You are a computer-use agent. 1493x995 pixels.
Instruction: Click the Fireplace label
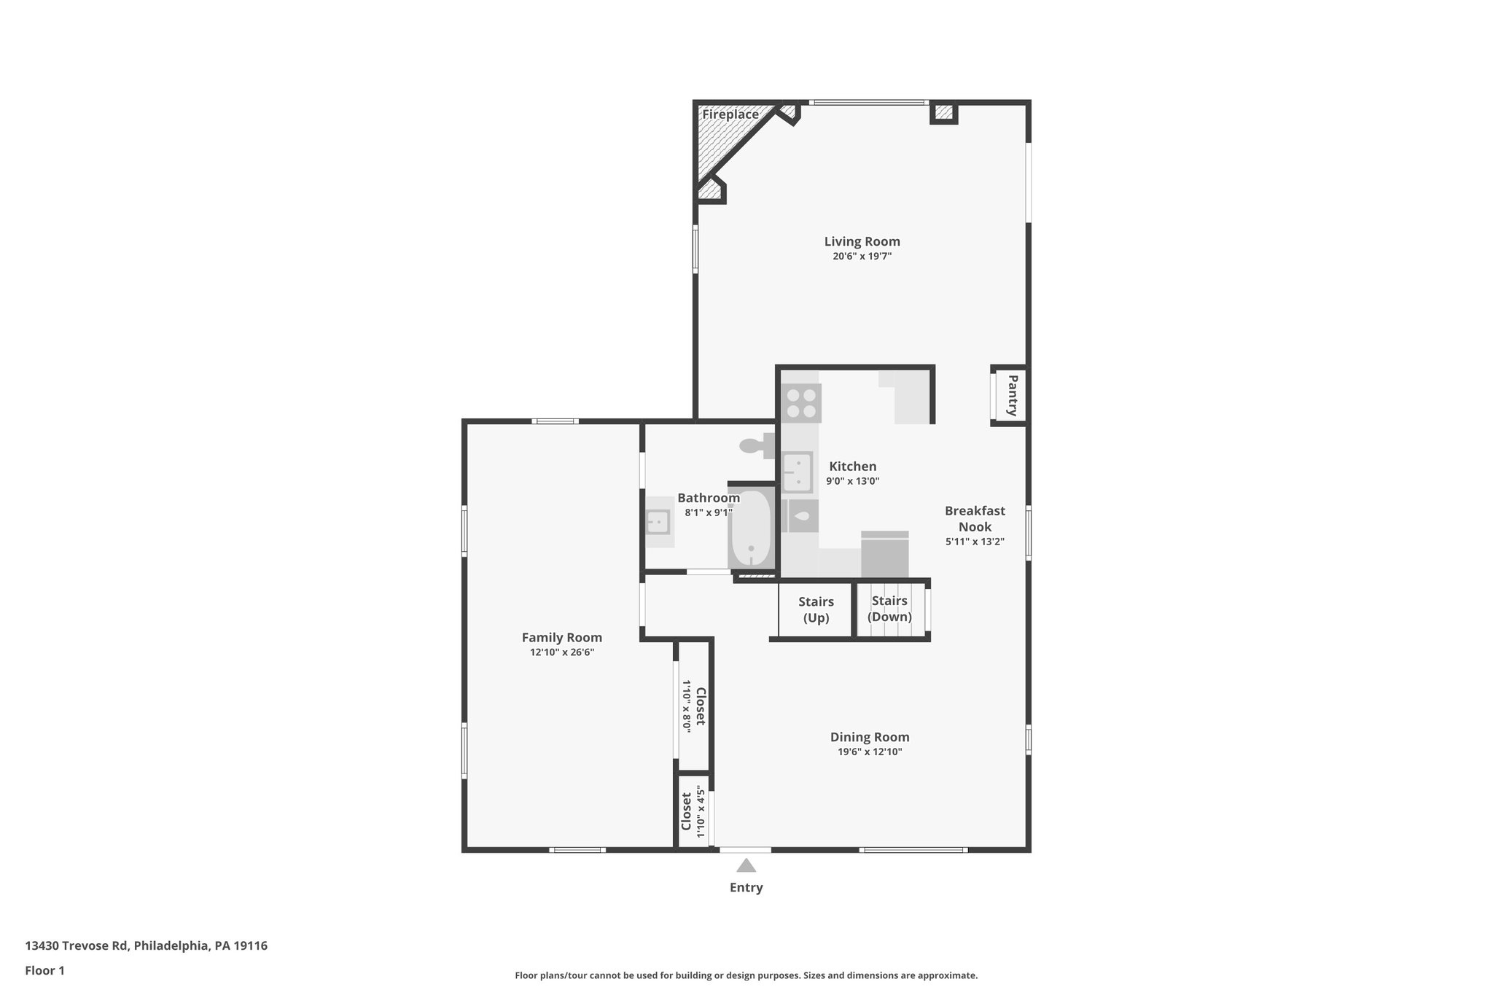click(730, 114)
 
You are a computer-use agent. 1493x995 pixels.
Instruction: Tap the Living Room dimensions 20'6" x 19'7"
click(862, 257)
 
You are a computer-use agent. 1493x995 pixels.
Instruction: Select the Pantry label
click(1012, 396)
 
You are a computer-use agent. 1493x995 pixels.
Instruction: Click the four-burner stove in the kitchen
click(801, 403)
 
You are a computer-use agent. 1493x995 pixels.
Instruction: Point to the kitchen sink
click(798, 472)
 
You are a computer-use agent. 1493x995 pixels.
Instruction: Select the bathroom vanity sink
click(658, 522)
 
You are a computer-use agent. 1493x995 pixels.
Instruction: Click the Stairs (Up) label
click(816, 610)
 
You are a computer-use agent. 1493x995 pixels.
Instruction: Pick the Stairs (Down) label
click(889, 609)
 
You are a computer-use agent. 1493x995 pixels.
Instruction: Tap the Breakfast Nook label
click(975, 519)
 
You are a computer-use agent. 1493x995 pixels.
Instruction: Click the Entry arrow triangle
click(746, 865)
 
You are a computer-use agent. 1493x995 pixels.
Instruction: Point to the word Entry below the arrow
click(746, 888)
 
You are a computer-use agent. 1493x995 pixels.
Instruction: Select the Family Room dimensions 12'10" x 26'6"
click(562, 653)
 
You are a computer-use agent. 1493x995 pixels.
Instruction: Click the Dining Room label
click(870, 737)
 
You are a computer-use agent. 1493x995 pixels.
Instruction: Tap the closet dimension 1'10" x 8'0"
click(686, 706)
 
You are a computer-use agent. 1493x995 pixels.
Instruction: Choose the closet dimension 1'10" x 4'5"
click(701, 811)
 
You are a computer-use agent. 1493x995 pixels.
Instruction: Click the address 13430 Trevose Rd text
click(77, 946)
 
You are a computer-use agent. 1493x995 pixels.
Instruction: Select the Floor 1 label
click(45, 971)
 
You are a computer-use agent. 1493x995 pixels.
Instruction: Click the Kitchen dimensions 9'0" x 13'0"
click(853, 481)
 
